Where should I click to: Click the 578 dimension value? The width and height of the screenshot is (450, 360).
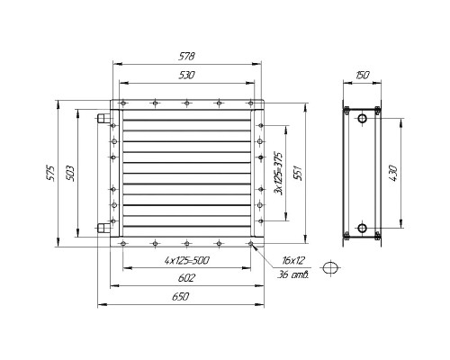186,57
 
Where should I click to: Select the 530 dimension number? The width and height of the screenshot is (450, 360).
186,75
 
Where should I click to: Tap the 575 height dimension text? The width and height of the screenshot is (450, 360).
51,173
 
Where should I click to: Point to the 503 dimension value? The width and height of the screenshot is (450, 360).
69,173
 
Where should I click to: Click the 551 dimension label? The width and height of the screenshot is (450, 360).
298,173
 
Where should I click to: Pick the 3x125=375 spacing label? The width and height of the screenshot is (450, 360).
279,174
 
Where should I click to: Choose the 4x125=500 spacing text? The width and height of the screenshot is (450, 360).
186,260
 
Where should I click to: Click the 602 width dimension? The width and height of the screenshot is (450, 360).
186,278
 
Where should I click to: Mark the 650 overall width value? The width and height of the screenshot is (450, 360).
181,297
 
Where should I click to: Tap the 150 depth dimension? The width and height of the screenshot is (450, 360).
362,75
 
